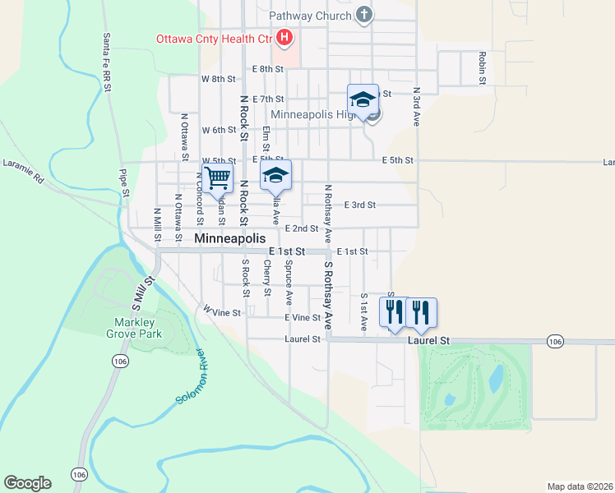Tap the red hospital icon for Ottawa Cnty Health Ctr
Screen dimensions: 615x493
[x=284, y=37]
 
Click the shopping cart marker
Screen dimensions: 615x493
[x=218, y=178]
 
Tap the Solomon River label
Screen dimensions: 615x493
[x=192, y=376]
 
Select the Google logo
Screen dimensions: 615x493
[x=27, y=483]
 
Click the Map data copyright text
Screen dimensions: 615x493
[x=580, y=486]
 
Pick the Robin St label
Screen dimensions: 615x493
[x=482, y=68]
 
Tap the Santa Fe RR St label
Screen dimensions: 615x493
[x=107, y=58]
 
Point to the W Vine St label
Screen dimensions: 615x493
[x=223, y=311]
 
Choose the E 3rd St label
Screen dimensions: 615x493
[x=359, y=205]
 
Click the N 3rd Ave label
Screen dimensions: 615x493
[x=417, y=106]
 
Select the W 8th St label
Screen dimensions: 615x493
[x=218, y=79]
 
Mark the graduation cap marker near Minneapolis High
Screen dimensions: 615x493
[x=363, y=99]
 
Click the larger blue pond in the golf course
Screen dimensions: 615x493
[x=496, y=377]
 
